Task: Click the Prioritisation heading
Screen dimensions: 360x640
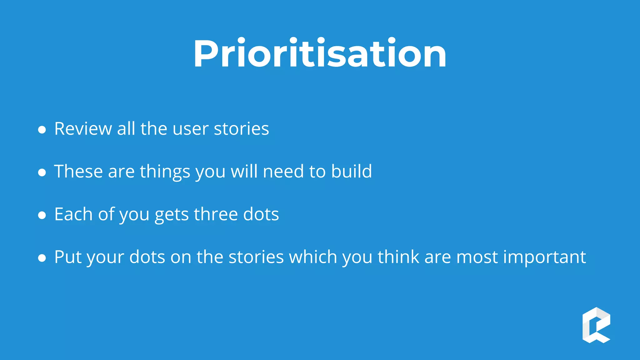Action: (320, 53)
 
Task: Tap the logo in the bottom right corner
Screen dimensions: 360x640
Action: (596, 325)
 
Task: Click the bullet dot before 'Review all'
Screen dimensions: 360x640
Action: (42, 129)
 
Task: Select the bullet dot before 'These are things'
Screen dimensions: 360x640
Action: (42, 172)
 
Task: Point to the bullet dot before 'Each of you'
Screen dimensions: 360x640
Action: (42, 215)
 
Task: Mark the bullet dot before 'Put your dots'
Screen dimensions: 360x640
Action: (42, 258)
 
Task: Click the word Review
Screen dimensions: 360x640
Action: (83, 128)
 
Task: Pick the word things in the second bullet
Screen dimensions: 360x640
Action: (165, 172)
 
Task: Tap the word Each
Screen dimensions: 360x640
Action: (73, 214)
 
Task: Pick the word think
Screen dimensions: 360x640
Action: (398, 257)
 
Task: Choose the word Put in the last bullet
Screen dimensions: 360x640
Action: (68, 257)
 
